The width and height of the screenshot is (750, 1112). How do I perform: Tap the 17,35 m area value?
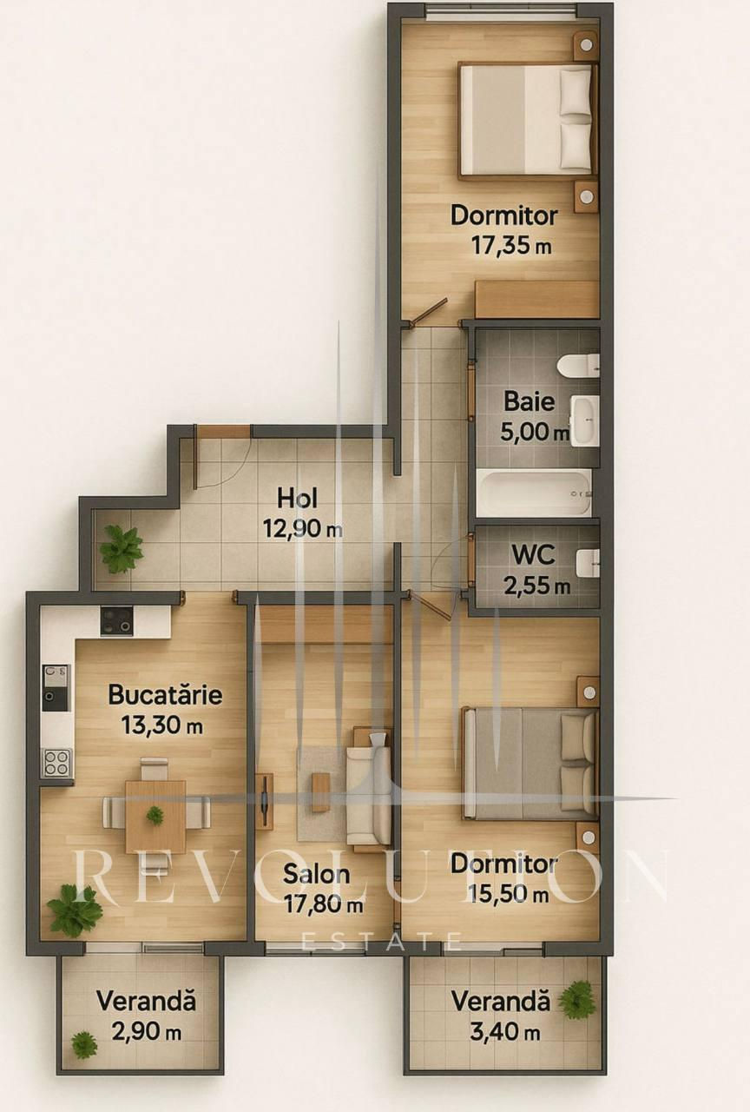coord(511,245)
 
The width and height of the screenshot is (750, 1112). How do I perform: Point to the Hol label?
coord(297,498)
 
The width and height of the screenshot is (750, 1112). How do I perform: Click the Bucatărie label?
coord(165,694)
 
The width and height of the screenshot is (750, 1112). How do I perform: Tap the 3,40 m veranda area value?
coord(505,1033)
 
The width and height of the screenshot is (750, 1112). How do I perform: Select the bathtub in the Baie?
coord(534,493)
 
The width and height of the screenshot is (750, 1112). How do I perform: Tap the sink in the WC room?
coord(588,564)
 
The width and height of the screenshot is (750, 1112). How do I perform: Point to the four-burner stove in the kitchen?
coord(57,763)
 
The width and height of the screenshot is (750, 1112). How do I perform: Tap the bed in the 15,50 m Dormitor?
coord(530,764)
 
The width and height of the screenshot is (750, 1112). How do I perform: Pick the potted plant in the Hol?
coord(122,550)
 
